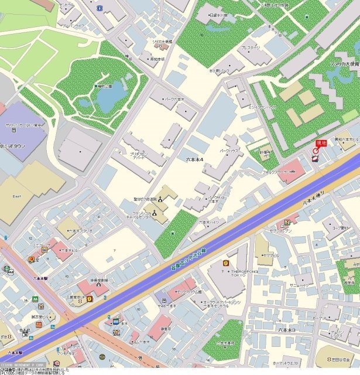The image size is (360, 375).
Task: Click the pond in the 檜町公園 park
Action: point(109,98)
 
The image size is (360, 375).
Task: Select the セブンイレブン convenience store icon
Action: point(287,223)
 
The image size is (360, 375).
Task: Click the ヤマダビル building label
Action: point(272,256)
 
